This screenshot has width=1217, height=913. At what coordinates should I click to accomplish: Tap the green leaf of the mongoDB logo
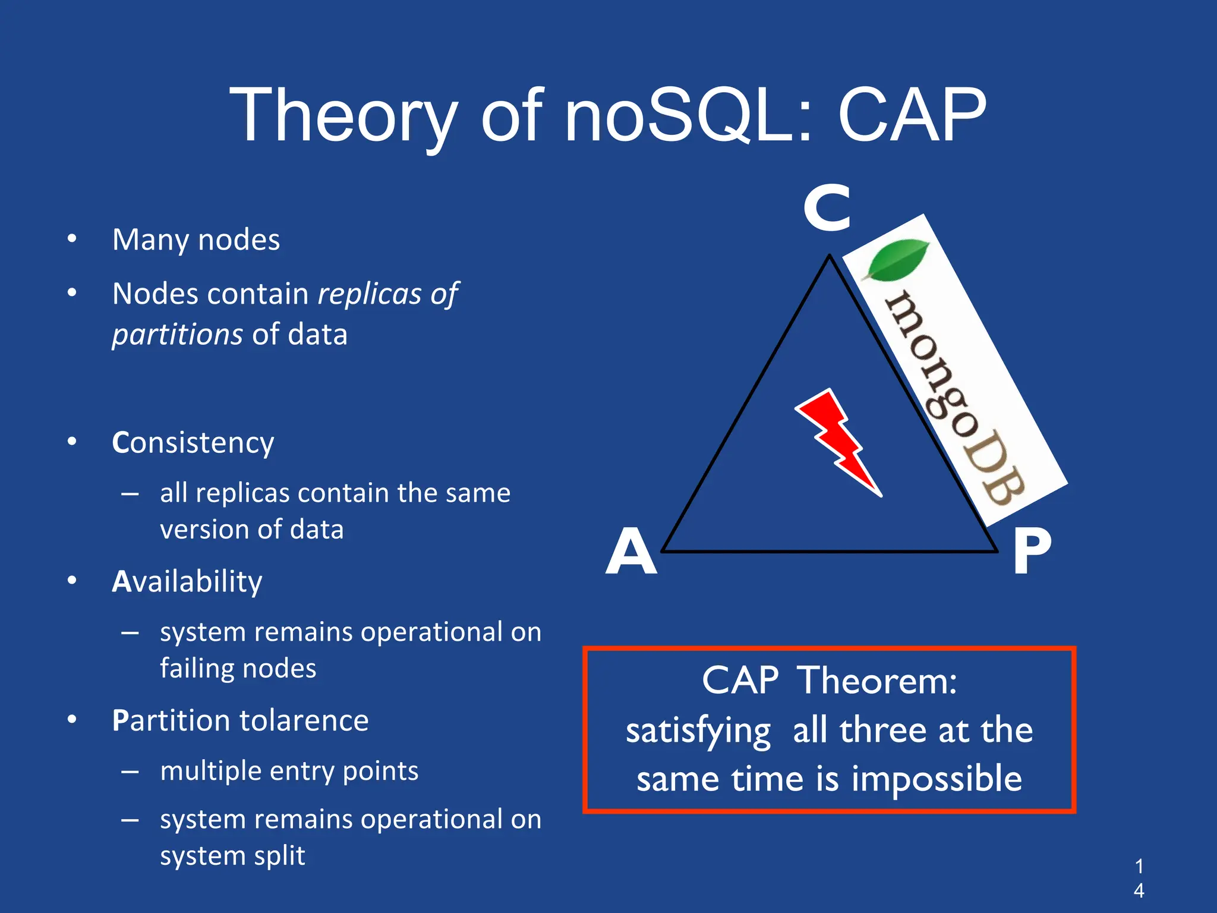[897, 260]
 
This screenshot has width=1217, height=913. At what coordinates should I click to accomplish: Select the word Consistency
[193, 443]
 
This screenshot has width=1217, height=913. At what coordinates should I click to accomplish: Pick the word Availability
[187, 581]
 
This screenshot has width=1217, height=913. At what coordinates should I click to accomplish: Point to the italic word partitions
[177, 334]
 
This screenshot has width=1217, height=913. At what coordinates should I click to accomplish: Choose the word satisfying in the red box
[698, 731]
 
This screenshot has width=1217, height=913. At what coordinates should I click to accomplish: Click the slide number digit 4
[1139, 890]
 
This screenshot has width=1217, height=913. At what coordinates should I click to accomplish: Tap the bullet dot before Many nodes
[72, 239]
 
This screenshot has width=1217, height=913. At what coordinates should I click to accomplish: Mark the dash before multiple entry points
[130, 772]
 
